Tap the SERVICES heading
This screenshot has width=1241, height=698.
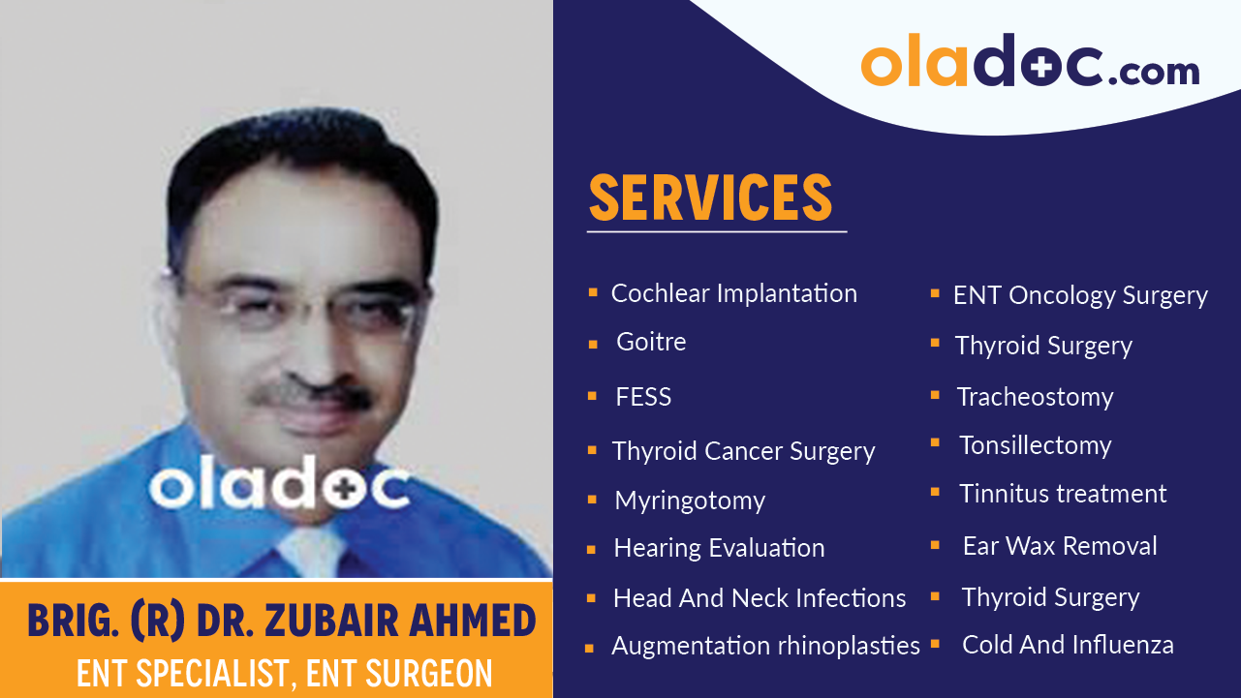coord(711,197)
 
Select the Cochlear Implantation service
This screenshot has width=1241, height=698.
coord(733,293)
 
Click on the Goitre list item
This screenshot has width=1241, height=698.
coord(651,342)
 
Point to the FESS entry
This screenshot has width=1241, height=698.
coord(643,397)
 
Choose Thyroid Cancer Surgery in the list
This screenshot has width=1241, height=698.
coord(743,451)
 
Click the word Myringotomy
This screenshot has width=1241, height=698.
coord(690,501)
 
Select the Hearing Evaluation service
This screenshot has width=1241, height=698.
coord(719,548)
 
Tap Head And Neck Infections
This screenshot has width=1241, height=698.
coord(760,598)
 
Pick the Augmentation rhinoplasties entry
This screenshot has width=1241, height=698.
coord(765,646)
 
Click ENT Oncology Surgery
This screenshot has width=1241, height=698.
coord(1080,295)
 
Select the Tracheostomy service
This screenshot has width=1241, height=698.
coord(1035,397)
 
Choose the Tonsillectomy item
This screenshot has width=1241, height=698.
coord(1035,445)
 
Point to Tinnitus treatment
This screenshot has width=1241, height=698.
coord(1063,494)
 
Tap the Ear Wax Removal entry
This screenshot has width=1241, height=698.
coord(1060,546)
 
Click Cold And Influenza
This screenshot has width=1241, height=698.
coord(1068,645)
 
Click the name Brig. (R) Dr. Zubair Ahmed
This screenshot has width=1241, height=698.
coord(282,621)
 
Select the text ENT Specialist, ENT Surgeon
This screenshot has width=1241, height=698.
coord(284,673)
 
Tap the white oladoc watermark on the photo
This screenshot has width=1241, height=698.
coord(278,487)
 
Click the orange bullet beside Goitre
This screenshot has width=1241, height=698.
coord(592,344)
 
